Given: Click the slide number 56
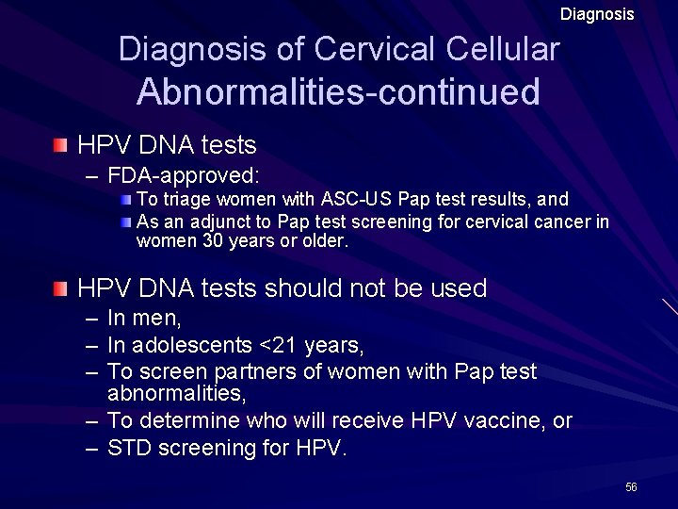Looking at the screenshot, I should (631, 486).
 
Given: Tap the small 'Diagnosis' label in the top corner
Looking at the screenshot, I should (597, 14).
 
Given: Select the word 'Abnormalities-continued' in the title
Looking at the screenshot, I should (338, 92).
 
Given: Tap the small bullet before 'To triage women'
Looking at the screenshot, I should (129, 200).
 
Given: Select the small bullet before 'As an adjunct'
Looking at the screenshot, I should (129, 221).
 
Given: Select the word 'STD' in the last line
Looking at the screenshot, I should (128, 448).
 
